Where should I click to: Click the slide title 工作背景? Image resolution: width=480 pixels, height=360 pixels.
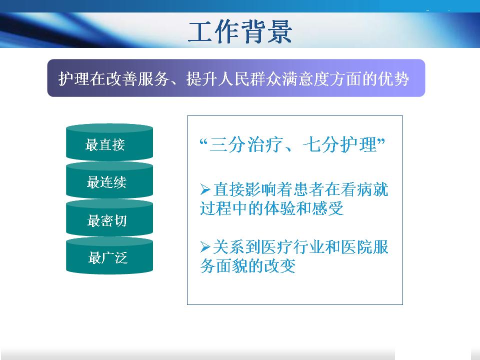tap(240, 32)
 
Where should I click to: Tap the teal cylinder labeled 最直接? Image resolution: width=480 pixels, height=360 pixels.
tap(109, 142)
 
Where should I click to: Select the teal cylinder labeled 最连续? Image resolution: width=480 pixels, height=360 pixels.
tap(109, 180)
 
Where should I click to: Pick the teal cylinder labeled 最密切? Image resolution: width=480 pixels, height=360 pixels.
tap(109, 218)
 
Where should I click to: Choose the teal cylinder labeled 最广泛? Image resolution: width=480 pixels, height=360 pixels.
tap(109, 256)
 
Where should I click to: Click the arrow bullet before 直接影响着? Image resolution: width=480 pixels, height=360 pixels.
tap(205, 189)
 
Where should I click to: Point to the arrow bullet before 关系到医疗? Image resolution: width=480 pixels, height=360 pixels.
tap(205, 246)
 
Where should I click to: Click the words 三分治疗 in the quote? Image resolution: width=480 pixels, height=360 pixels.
tap(246, 144)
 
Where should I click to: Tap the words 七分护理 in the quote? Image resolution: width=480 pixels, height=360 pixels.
tap(340, 144)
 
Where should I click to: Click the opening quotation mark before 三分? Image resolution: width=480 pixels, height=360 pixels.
tap(204, 142)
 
